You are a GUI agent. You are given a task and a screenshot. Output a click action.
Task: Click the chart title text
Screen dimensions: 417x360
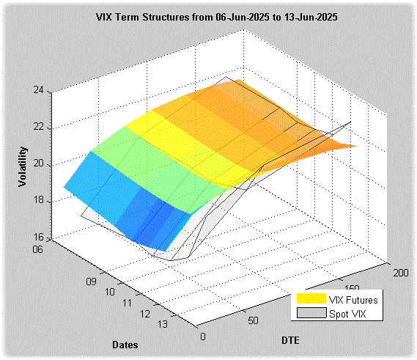[216, 18]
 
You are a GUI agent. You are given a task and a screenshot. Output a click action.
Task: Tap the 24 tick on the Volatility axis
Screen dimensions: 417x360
[38, 90]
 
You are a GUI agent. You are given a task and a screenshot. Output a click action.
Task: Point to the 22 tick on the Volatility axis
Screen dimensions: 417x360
[38, 127]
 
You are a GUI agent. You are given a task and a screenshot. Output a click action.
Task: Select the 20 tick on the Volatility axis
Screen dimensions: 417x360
[38, 164]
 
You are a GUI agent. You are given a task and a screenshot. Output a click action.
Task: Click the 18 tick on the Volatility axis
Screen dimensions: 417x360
[38, 200]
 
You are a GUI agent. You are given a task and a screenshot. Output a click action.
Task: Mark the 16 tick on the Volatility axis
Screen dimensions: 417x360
[38, 237]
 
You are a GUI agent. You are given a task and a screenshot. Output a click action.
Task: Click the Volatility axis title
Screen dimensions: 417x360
[23, 166]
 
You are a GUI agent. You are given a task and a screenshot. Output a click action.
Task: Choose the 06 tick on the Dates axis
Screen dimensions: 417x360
[37, 249]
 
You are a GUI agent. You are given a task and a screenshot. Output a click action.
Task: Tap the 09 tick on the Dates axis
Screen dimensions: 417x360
[91, 282]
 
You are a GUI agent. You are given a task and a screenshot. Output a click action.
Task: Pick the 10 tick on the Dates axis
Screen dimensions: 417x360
[109, 293]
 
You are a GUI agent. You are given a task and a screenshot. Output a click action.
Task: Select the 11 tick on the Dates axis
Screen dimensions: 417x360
[127, 303]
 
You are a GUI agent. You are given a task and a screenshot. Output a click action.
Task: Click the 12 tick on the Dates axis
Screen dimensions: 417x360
[145, 315]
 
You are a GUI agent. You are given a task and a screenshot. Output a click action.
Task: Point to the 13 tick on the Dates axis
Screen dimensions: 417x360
[163, 324]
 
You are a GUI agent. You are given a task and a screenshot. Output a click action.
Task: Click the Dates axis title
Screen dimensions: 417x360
[125, 345]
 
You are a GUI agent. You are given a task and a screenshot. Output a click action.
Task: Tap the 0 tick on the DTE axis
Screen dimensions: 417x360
[203, 337]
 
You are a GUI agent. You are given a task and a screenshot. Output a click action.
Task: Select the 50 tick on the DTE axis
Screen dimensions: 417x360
[253, 320]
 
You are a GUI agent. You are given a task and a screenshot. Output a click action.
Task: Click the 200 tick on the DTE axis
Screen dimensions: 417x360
[401, 273]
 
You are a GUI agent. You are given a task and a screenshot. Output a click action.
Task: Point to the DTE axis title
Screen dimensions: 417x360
[290, 341]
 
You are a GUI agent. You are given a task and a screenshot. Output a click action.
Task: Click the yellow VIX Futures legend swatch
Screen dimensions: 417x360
[311, 298]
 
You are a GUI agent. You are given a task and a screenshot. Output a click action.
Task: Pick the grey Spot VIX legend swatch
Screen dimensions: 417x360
[311, 313]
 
